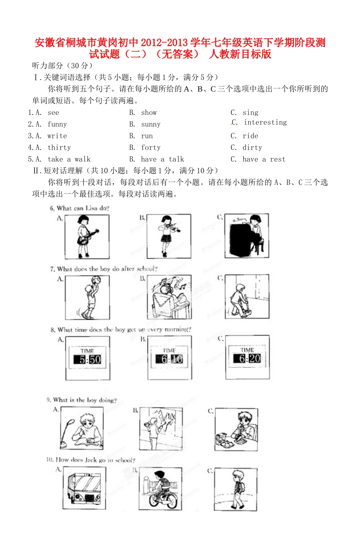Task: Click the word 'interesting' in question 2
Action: point(265,122)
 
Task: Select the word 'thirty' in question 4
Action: point(59,148)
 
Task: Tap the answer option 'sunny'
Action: point(151,124)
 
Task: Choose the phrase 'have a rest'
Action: point(264,159)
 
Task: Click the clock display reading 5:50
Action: point(88,359)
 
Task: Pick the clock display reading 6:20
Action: point(247,358)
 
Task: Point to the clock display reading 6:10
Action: point(169,359)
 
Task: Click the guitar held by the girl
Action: point(89,236)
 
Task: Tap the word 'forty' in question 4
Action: point(151,148)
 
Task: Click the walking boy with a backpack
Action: point(237,489)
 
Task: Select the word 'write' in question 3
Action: point(57,136)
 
